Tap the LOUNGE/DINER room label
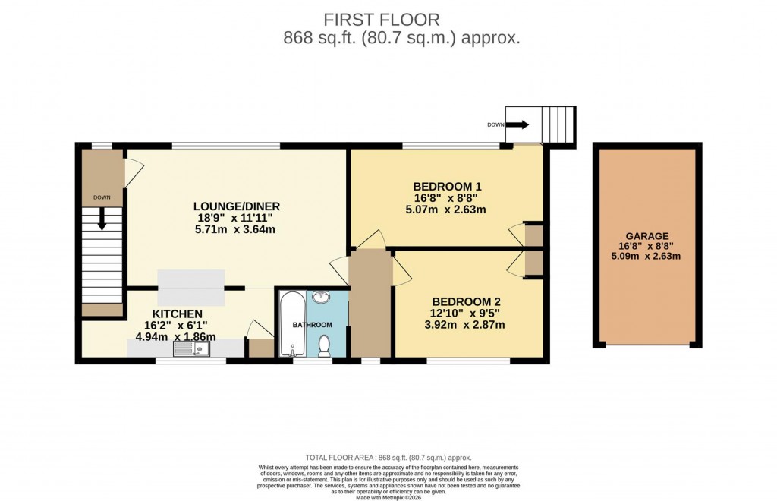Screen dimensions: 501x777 pos(237,206)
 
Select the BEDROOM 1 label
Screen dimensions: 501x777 pos(447,187)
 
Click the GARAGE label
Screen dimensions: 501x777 pos(646,236)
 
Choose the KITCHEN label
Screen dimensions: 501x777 pos(177,314)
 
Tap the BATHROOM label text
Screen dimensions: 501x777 pos(313,325)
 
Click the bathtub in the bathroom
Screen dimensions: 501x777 pos(291,326)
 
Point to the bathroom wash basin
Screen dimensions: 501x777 pos(322,298)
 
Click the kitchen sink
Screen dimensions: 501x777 pos(191,348)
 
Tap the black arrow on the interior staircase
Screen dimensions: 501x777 pos(102,220)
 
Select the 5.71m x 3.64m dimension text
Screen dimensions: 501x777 pos(234,228)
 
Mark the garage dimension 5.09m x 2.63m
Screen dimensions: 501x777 pos(646,256)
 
